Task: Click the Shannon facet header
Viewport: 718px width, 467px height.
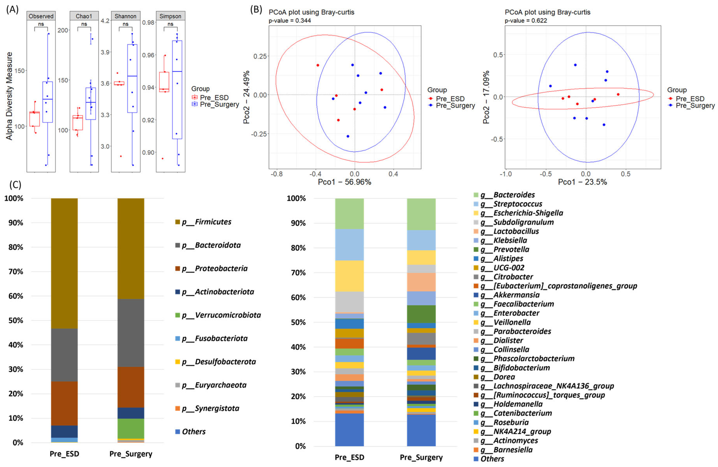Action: [x=126, y=16]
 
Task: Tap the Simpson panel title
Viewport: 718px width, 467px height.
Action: [x=171, y=16]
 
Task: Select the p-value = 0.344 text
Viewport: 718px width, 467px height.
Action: [x=290, y=20]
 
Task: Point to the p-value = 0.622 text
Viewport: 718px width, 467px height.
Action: [x=526, y=20]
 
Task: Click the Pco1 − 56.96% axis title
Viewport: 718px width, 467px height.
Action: [x=345, y=182]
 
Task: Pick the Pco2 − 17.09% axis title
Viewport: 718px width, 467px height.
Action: [x=486, y=97]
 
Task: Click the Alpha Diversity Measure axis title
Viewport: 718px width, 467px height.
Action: [x=9, y=96]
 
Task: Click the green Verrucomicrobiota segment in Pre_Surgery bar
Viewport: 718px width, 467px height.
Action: [x=131, y=428]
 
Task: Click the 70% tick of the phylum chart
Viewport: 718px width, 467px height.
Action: [x=16, y=272]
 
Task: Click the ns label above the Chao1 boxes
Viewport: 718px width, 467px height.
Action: [x=84, y=24]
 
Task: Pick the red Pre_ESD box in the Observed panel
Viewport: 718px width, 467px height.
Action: [x=34, y=119]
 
